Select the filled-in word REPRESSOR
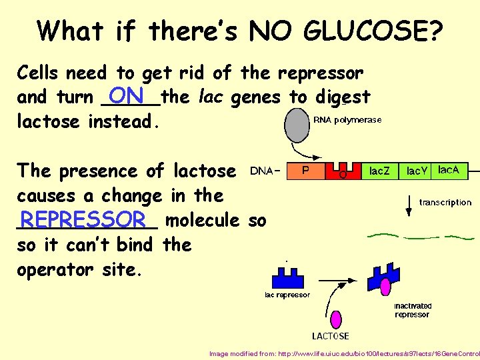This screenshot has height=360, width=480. coord(83,219)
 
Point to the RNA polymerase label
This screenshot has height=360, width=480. coord(347,120)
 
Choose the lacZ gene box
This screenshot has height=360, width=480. coord(381,171)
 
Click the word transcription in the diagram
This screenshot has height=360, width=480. coord(445,202)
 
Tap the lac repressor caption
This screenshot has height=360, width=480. coord(287,295)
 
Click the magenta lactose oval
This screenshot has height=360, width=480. coord(336,319)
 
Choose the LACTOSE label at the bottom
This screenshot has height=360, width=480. coord(331,335)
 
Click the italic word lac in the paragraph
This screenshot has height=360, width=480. coord(209,97)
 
